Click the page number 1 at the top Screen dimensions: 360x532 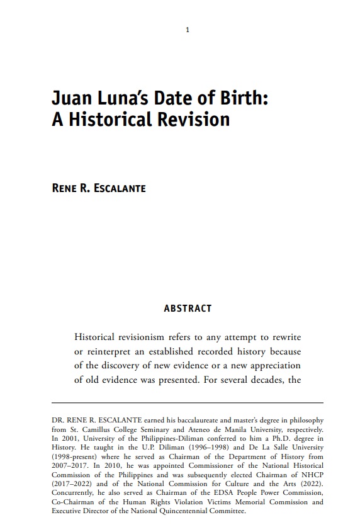click(187, 30)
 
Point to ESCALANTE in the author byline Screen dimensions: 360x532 click(120, 188)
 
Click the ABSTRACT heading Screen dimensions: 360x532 click(187, 308)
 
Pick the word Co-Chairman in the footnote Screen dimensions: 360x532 click(72, 502)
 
